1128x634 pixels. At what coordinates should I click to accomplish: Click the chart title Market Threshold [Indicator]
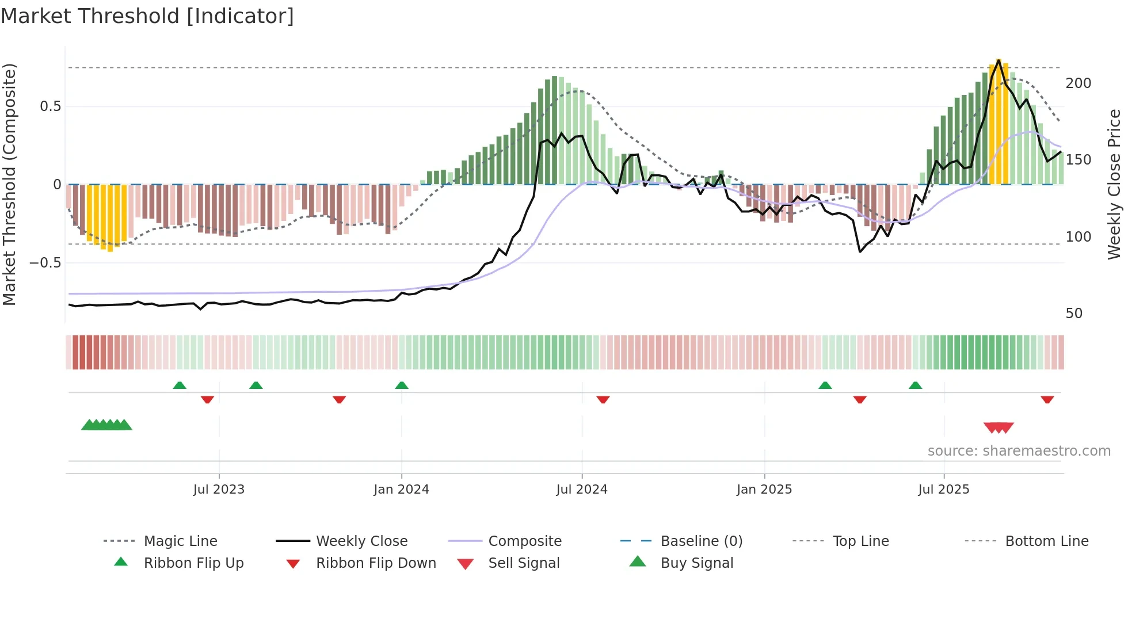[147, 16]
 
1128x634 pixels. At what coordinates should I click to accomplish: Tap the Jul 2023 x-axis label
[219, 490]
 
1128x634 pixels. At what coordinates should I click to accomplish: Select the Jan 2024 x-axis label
[401, 490]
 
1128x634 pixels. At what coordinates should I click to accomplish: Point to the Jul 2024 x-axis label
[582, 490]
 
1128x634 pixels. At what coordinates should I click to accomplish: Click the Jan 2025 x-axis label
[764, 490]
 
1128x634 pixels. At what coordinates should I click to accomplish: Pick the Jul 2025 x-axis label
[944, 490]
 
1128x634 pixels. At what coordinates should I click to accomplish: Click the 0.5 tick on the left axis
[50, 106]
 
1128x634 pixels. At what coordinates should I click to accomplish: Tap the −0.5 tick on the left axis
[45, 263]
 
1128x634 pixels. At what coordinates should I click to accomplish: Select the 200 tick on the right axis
[1079, 83]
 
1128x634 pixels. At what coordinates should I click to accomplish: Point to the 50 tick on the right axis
[1074, 314]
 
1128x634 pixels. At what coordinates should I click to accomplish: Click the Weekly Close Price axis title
[1114, 184]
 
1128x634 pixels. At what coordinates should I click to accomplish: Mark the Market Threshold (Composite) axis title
[9, 184]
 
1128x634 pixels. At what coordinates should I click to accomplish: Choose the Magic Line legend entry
[180, 541]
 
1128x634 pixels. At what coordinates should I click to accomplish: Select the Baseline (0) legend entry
[701, 541]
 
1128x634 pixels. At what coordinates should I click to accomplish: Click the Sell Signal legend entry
[523, 563]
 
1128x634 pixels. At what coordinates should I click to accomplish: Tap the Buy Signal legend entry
[696, 563]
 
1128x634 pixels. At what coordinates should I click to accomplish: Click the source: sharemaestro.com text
[1019, 451]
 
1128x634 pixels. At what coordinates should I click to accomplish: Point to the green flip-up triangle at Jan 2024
[402, 385]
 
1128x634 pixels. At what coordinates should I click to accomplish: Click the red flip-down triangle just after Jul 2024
[603, 399]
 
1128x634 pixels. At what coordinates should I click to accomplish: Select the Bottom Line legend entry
[1046, 541]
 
